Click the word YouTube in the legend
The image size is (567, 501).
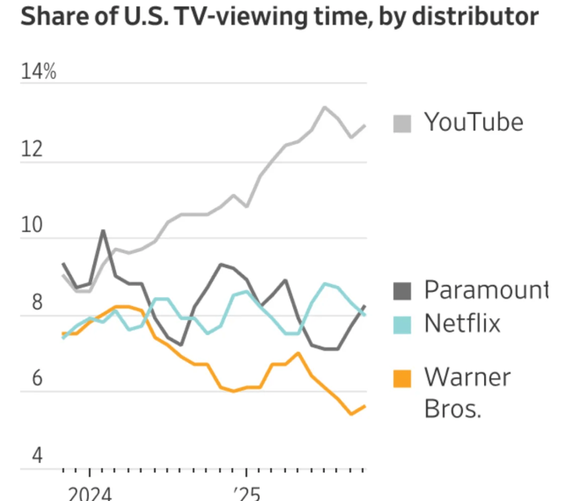[473, 121]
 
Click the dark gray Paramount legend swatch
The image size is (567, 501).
[403, 291]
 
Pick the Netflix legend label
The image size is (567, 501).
[462, 323]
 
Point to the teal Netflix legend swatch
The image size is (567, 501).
[403, 324]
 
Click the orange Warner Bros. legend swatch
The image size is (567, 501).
[403, 379]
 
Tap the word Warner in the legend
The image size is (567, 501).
[467, 377]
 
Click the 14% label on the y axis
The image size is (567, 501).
[38, 72]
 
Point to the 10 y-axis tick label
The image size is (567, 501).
[32, 226]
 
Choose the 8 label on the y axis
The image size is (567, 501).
[37, 303]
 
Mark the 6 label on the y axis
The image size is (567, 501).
[37, 379]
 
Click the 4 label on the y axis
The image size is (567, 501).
[37, 456]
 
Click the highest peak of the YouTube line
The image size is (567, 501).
[324, 107]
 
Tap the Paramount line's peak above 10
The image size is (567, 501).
[103, 231]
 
